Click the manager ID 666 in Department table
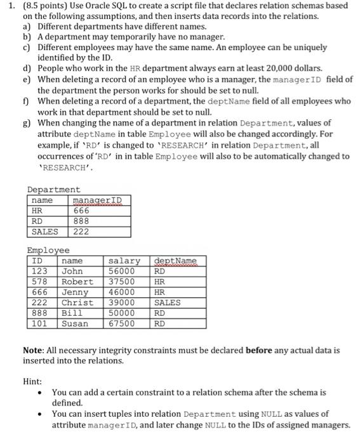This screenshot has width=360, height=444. point(81,211)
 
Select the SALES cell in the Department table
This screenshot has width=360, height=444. point(44,232)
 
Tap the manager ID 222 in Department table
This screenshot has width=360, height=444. point(81,232)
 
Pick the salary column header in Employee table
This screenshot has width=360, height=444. point(124,261)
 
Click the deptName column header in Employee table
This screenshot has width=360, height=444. point(175,261)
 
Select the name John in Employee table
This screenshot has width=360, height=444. point(72,271)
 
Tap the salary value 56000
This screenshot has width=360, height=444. point(122,271)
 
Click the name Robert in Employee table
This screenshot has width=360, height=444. point(77,282)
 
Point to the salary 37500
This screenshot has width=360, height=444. point(122,282)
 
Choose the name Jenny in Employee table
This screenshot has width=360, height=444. point(74,292)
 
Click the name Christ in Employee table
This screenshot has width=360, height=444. point(77,303)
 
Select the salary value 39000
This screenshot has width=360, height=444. point(122,303)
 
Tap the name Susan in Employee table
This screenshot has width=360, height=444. point(74,323)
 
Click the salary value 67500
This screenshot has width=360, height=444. point(122,323)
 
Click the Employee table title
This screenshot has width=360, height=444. point(48,251)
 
